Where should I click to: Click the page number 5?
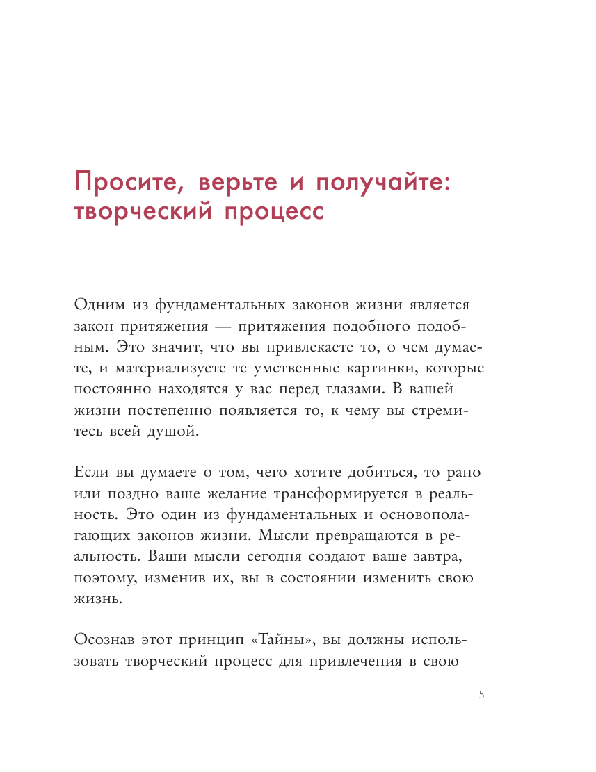point(481,695)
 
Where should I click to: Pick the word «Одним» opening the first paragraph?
point(97,305)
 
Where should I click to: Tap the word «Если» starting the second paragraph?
point(90,473)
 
